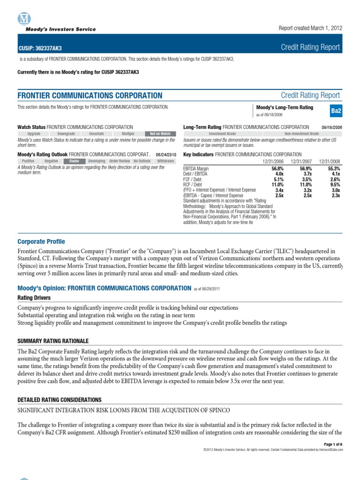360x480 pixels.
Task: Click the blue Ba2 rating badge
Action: click(x=336, y=111)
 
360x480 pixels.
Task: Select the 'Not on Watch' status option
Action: click(x=160, y=134)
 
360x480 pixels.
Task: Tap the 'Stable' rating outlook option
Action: click(x=74, y=161)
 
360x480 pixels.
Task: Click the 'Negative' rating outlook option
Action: click(x=51, y=161)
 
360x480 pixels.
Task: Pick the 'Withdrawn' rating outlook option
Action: click(x=165, y=161)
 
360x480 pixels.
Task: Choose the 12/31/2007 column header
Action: click(x=301, y=161)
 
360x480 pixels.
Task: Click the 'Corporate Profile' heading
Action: click(x=41, y=241)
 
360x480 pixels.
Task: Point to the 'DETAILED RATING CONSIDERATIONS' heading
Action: click(x=59, y=399)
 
